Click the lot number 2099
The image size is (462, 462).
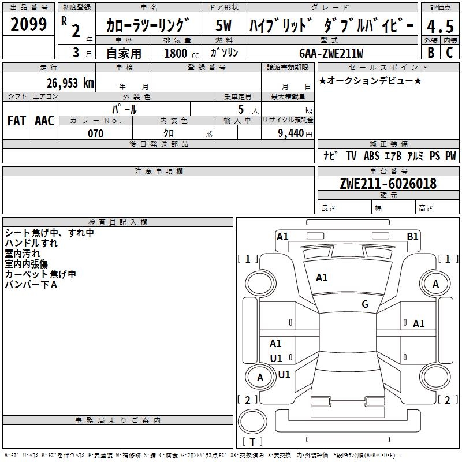(x=28, y=24)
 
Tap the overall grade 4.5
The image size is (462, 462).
(x=440, y=26)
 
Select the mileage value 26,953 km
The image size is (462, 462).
(x=70, y=83)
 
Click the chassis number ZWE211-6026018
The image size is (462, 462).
(x=388, y=184)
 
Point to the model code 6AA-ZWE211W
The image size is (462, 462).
(x=331, y=53)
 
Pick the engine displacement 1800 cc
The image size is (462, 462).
(x=181, y=53)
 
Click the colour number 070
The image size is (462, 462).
(x=96, y=133)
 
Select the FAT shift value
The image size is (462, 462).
(x=17, y=121)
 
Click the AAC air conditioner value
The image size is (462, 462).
(x=44, y=121)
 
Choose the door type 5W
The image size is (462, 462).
(x=223, y=25)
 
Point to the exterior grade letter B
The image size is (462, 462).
(x=431, y=53)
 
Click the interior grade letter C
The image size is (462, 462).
(x=449, y=53)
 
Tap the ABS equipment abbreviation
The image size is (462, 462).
(x=371, y=156)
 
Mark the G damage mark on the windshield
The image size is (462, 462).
(x=365, y=304)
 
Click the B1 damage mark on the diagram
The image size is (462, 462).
(x=412, y=237)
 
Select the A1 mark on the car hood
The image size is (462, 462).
(x=322, y=278)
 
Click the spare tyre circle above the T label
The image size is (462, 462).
(x=252, y=422)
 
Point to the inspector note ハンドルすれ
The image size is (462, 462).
(x=31, y=243)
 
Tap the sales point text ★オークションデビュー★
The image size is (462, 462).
(x=370, y=81)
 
